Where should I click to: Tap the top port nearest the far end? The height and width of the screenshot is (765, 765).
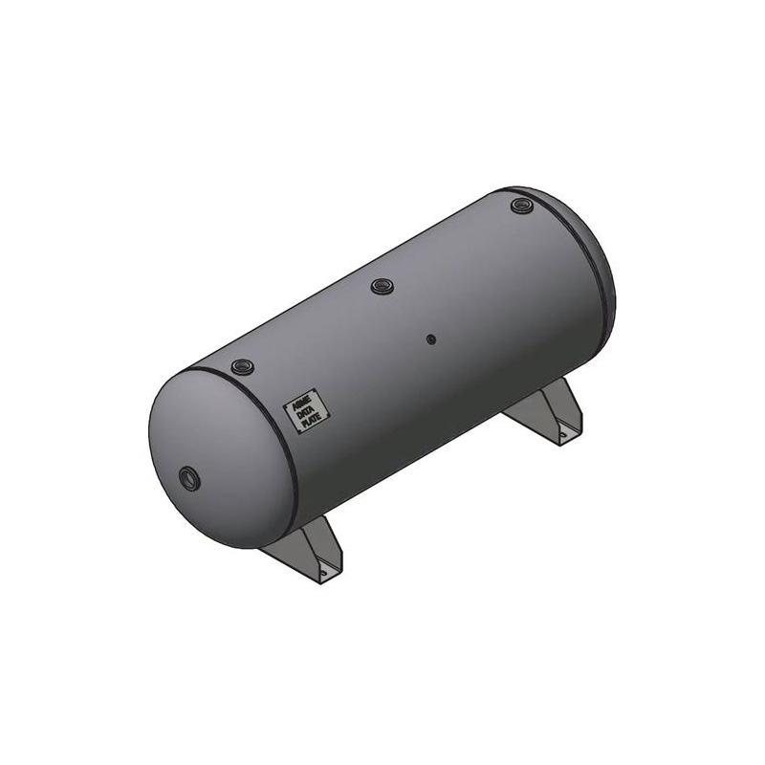pos(519,205)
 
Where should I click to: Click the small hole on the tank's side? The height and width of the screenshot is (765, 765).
pos(432,339)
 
